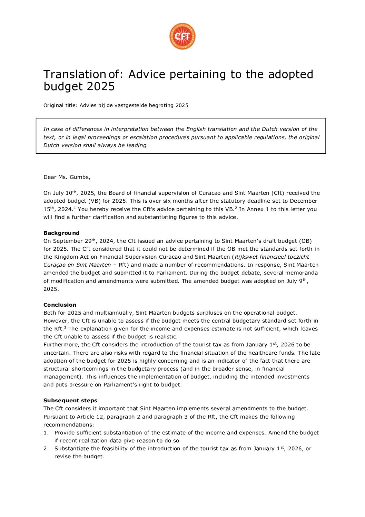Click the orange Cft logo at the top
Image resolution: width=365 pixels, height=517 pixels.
click(x=182, y=36)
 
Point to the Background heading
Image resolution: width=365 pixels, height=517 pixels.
click(x=61, y=233)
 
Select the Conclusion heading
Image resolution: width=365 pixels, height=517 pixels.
click(x=60, y=305)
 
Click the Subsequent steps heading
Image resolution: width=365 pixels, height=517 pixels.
click(x=70, y=401)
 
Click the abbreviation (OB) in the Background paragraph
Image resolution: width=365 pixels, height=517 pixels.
click(x=305, y=241)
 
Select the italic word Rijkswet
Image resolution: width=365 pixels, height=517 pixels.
click(x=247, y=257)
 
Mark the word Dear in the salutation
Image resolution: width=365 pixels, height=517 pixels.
click(x=50, y=177)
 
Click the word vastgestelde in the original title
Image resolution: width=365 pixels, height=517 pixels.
click(x=131, y=105)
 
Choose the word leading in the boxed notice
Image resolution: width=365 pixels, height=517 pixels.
click(x=137, y=145)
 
